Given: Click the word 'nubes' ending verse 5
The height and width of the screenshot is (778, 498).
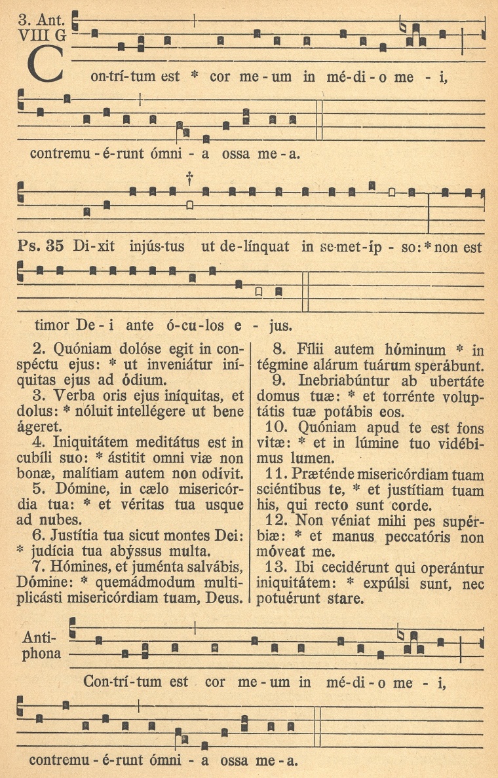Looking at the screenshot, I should point(56,521).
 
